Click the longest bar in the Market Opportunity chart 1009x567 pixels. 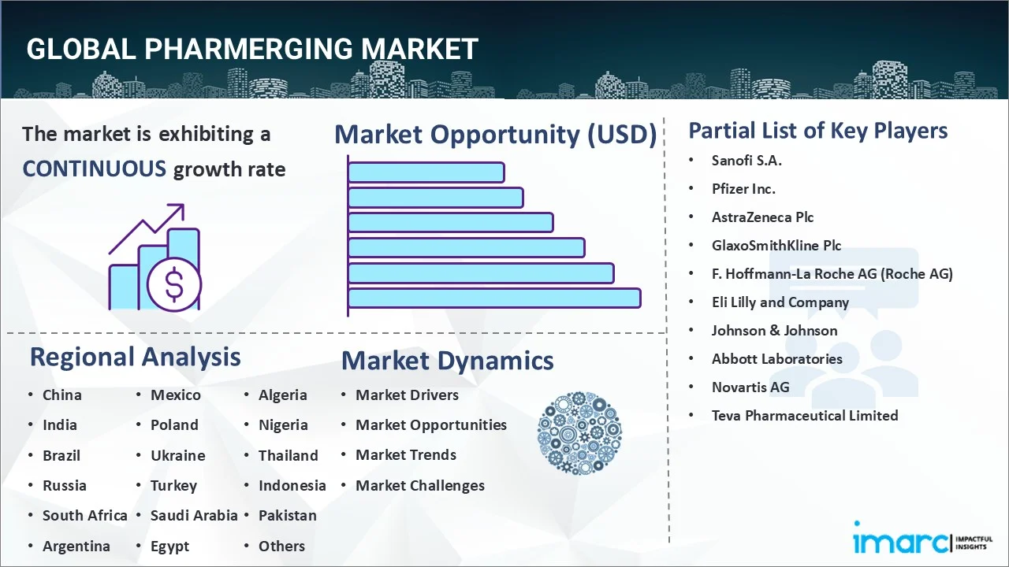(493, 298)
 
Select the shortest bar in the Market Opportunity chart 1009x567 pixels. (426, 172)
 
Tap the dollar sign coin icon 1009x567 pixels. (174, 284)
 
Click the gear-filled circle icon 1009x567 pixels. (579, 433)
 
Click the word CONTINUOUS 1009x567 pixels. (94, 169)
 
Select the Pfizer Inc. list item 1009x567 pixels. (743, 189)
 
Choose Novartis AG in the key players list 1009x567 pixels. (750, 387)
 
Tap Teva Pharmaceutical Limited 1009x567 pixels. (804, 416)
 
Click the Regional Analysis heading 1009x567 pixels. (135, 357)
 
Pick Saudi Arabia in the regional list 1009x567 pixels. (194, 516)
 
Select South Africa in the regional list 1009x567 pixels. (84, 516)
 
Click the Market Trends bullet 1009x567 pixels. (406, 455)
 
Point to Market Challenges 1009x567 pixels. (420, 486)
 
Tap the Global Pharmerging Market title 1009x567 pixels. (252, 49)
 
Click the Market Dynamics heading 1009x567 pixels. (447, 361)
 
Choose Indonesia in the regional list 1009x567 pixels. (292, 486)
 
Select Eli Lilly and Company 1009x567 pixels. (780, 302)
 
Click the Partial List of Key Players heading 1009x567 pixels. (817, 131)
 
